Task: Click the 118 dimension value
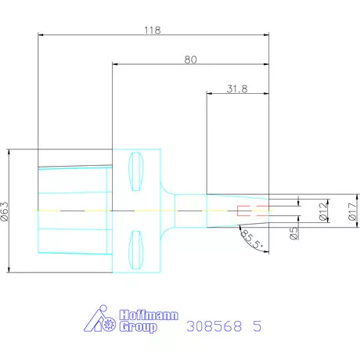pyautogui.click(x=153, y=31)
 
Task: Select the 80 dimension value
pyautogui.click(x=190, y=59)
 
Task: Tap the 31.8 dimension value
pyautogui.click(x=237, y=89)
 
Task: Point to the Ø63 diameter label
pyautogui.click(x=5, y=211)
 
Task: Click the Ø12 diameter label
pyautogui.click(x=323, y=211)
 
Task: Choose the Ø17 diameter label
pyautogui.click(x=353, y=211)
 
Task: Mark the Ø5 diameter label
pyautogui.click(x=294, y=233)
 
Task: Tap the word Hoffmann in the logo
pyautogui.click(x=149, y=315)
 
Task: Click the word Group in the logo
pyautogui.click(x=139, y=327)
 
